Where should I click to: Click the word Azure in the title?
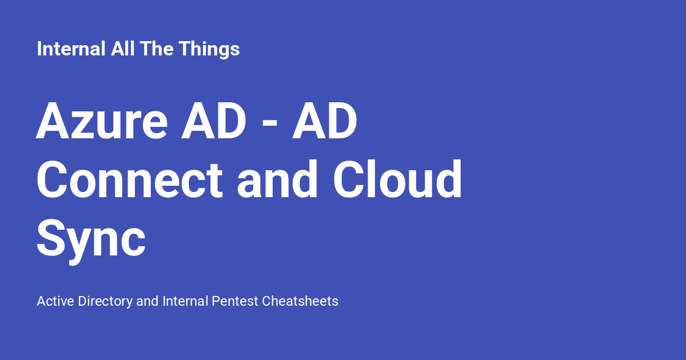point(102,122)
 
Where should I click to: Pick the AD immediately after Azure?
point(214,122)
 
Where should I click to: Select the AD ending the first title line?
point(325,122)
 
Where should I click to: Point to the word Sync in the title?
point(91,239)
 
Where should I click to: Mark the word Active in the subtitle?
point(55,301)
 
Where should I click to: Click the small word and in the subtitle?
point(147,301)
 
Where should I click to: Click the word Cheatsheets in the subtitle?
point(300,301)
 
